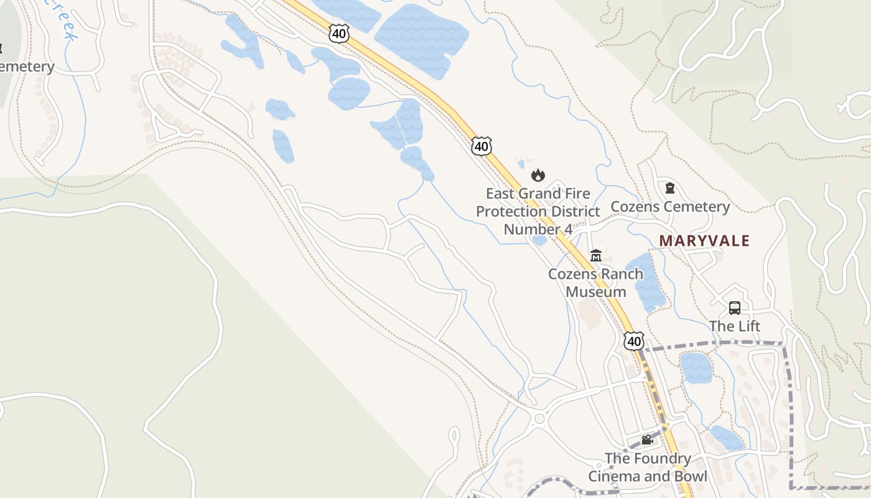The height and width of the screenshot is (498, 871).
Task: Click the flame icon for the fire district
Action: (x=538, y=175)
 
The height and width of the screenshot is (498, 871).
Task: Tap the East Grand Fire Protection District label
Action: (x=538, y=211)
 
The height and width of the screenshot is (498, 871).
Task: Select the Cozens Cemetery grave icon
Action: (x=670, y=188)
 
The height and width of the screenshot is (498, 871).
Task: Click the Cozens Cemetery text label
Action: (x=670, y=207)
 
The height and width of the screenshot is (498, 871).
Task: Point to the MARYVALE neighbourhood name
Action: (x=704, y=240)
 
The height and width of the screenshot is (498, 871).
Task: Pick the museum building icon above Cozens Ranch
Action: (x=596, y=255)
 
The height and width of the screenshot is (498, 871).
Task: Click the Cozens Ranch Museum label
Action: (x=595, y=283)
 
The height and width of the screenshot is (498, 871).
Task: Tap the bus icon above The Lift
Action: (x=735, y=308)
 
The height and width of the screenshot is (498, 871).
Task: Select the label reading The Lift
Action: (x=735, y=326)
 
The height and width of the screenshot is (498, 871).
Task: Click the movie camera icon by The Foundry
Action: (x=647, y=440)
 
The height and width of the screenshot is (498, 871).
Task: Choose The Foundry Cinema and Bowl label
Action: (x=648, y=467)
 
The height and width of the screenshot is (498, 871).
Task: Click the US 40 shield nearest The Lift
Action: (x=634, y=341)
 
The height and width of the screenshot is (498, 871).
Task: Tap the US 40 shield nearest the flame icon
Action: (x=481, y=146)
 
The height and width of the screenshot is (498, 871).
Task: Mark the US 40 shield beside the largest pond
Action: (x=339, y=34)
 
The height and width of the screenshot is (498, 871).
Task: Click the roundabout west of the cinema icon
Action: (x=539, y=418)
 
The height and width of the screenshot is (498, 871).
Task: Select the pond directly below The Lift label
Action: (x=696, y=367)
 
